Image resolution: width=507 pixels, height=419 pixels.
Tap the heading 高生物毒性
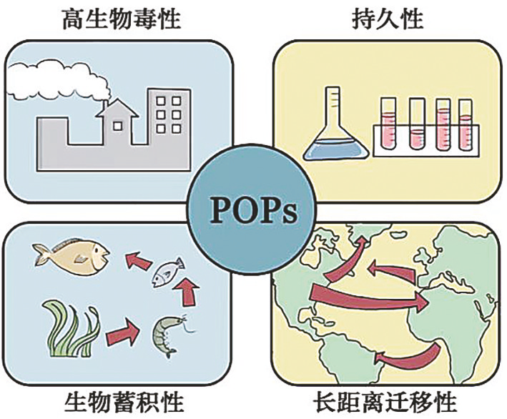[x=122, y=19]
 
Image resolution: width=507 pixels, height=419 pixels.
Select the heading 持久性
[x=388, y=19]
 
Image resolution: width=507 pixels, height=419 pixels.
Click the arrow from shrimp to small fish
[x=187, y=291]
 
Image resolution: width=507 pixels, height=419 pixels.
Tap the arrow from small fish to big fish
[x=139, y=261]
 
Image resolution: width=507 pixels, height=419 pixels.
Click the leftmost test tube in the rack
[x=388, y=124]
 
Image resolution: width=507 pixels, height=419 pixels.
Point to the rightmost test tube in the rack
[x=466, y=125]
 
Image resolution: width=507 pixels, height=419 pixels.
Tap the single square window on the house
[x=117, y=126]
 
